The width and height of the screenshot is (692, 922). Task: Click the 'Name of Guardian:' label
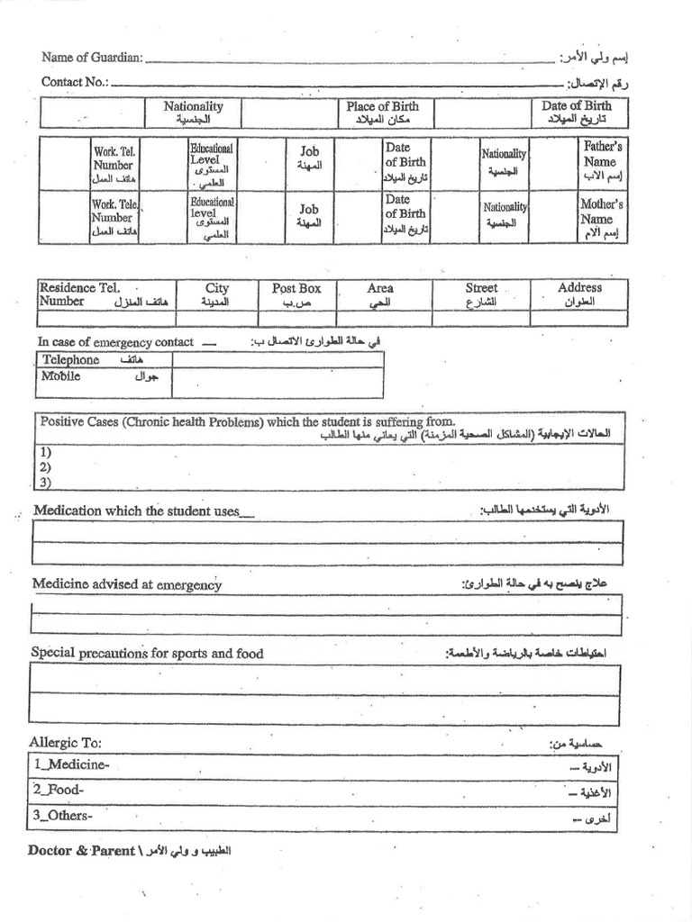click(92, 58)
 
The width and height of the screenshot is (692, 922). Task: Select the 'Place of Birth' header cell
click(382, 113)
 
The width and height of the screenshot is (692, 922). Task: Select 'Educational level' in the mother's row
click(212, 217)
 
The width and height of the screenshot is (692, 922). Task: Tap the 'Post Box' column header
click(296, 294)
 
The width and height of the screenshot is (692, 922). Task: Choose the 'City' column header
click(217, 294)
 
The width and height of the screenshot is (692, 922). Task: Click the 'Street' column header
click(481, 294)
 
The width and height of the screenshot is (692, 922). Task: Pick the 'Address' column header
click(579, 294)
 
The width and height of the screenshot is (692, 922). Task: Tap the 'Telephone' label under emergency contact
click(72, 360)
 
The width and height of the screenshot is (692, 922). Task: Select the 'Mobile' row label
click(61, 376)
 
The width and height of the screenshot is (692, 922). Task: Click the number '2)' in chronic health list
click(45, 467)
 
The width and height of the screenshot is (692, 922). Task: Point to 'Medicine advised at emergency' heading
click(127, 584)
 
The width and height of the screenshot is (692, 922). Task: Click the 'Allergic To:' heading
click(66, 743)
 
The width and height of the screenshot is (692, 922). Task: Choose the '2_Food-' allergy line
click(59, 790)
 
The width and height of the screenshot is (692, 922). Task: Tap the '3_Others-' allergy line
click(63, 816)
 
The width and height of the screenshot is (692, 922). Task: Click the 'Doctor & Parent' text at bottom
click(81, 851)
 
